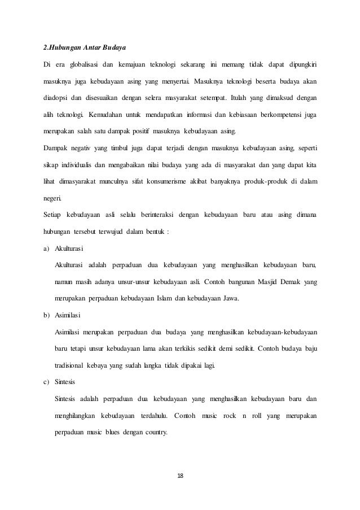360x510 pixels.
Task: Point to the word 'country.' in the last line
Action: point(154,433)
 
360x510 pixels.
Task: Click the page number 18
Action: point(179,475)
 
